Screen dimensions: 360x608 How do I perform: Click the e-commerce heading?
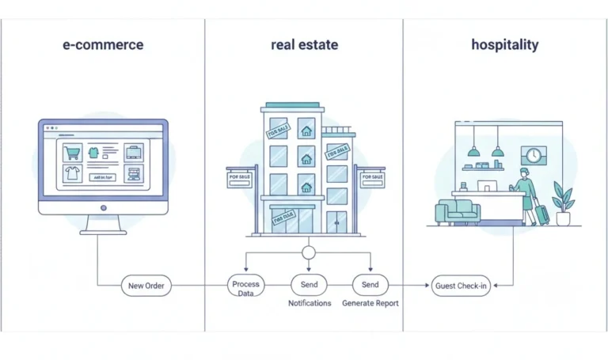pos(103,44)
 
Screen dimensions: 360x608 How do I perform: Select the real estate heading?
pos(304,44)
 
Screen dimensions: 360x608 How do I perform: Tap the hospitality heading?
pos(504,44)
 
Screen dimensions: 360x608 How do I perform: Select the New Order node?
pos(146,286)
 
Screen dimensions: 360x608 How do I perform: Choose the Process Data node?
pos(245,286)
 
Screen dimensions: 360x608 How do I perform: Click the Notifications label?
pos(310,303)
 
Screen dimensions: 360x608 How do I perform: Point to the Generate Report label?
pos(370,303)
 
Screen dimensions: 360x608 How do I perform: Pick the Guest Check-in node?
pos(462,286)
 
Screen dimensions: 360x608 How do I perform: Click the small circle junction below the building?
pos(309,253)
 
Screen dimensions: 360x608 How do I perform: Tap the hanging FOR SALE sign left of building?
pos(239,178)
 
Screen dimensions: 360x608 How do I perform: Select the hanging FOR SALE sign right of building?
pos(372,178)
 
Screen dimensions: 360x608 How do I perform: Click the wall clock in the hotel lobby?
pos(533,155)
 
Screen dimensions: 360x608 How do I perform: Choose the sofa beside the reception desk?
pos(458,212)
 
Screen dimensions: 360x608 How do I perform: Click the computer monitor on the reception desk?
pos(486,187)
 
